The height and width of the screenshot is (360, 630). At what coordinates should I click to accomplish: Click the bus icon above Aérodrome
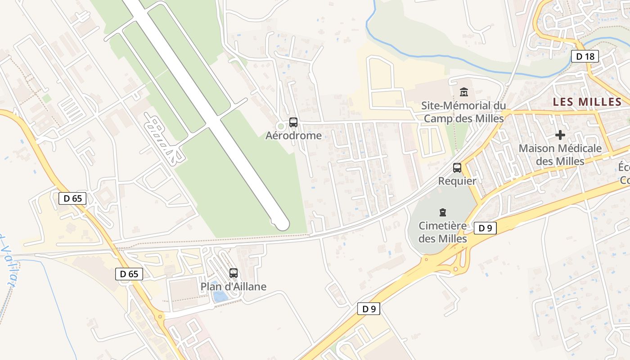point(293,122)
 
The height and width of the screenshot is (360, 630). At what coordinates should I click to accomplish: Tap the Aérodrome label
point(293,135)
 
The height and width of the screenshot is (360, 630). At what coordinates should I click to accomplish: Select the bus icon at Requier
point(457,168)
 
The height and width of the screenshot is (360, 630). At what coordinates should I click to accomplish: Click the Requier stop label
point(457,181)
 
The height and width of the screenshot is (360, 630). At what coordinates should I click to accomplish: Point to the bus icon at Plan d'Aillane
point(234,273)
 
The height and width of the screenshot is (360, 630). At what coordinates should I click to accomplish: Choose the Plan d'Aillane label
point(234,287)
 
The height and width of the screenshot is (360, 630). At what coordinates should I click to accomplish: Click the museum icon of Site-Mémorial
point(463,92)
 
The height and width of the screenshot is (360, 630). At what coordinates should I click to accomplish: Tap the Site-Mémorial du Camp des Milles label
point(463,112)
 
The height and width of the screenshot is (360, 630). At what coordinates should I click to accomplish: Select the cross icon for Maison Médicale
point(560,135)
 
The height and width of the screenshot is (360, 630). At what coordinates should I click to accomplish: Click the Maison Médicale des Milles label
point(560,154)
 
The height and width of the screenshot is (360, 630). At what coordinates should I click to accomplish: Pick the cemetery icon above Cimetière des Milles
point(443,212)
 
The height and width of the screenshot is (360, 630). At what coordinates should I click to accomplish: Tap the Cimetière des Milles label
point(443,232)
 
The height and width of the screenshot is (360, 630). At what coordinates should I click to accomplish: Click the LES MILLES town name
point(587,102)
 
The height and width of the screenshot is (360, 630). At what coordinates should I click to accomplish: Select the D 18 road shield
point(585,56)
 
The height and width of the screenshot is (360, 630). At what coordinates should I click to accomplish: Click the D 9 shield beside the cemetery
point(485,228)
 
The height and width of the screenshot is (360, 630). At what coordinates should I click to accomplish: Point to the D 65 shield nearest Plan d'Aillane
point(130,274)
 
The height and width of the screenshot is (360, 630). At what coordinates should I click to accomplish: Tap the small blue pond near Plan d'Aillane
point(220,297)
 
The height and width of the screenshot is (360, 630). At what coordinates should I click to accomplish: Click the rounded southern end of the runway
point(282,223)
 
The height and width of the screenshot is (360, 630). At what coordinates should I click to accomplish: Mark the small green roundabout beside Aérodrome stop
point(281,126)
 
